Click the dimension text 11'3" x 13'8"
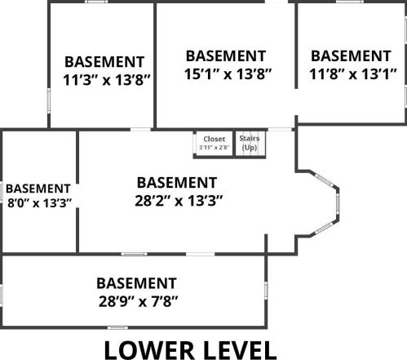[107, 80]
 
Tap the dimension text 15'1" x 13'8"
[228, 74]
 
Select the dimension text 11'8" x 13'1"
[353, 74]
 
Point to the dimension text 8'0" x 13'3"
[39, 203]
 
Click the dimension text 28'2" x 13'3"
[179, 201]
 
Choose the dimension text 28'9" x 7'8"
[138, 301]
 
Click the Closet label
[215, 139]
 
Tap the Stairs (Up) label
[250, 143]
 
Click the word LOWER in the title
[149, 350]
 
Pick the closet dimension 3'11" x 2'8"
[215, 148]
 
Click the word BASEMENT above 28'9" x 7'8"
[136, 283]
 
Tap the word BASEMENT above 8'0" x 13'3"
[38, 189]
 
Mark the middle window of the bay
[338, 204]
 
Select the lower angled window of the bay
[324, 228]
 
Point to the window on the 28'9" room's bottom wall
[117, 327]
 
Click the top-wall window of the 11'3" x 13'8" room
[96, 2]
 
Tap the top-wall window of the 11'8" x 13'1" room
[350, 2]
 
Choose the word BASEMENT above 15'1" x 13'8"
[226, 56]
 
